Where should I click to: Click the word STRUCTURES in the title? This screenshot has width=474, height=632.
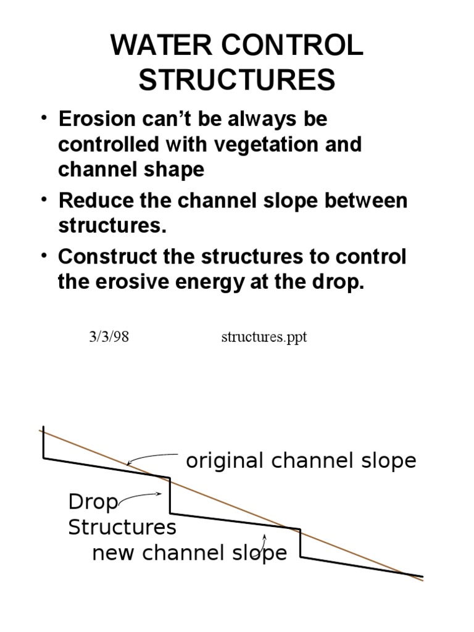pos(237,80)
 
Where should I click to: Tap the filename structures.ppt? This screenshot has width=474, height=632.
pos(264,338)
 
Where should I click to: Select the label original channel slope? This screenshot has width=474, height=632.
pos(301,460)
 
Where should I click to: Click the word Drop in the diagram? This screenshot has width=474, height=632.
pos(93,502)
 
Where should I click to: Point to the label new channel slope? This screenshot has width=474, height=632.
pos(189,553)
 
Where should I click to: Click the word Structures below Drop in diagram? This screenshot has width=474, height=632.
pos(122,528)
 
